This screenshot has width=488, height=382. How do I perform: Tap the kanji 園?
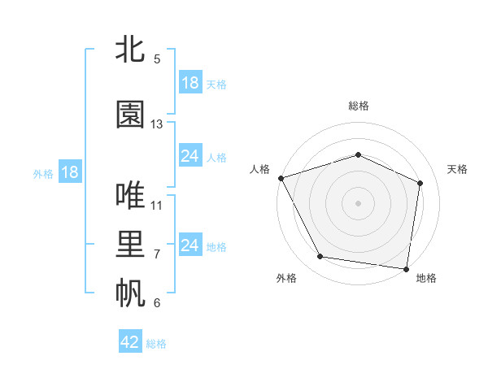tap(130, 115)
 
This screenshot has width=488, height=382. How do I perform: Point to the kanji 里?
tap(130, 245)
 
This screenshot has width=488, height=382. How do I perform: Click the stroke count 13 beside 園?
tap(157, 124)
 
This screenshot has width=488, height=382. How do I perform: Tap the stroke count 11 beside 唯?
tap(157, 205)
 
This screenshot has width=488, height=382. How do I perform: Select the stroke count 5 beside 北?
tap(157, 59)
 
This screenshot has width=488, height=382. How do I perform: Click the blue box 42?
tap(130, 342)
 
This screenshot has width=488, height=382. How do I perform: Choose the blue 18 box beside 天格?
tap(190, 83)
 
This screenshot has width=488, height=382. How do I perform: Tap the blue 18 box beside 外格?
tap(69, 172)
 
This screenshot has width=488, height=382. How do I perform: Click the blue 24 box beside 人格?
tap(190, 156)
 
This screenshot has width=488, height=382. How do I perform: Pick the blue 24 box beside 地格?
tap(190, 245)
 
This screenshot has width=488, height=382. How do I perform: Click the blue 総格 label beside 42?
tap(156, 344)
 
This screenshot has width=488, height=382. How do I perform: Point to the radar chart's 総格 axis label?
tap(359, 106)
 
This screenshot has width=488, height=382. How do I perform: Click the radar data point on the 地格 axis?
tap(407, 268)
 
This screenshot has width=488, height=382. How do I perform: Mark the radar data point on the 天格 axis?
tap(420, 183)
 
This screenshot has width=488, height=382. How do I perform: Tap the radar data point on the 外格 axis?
tap(320, 258)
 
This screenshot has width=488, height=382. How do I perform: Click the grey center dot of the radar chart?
tap(359, 202)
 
